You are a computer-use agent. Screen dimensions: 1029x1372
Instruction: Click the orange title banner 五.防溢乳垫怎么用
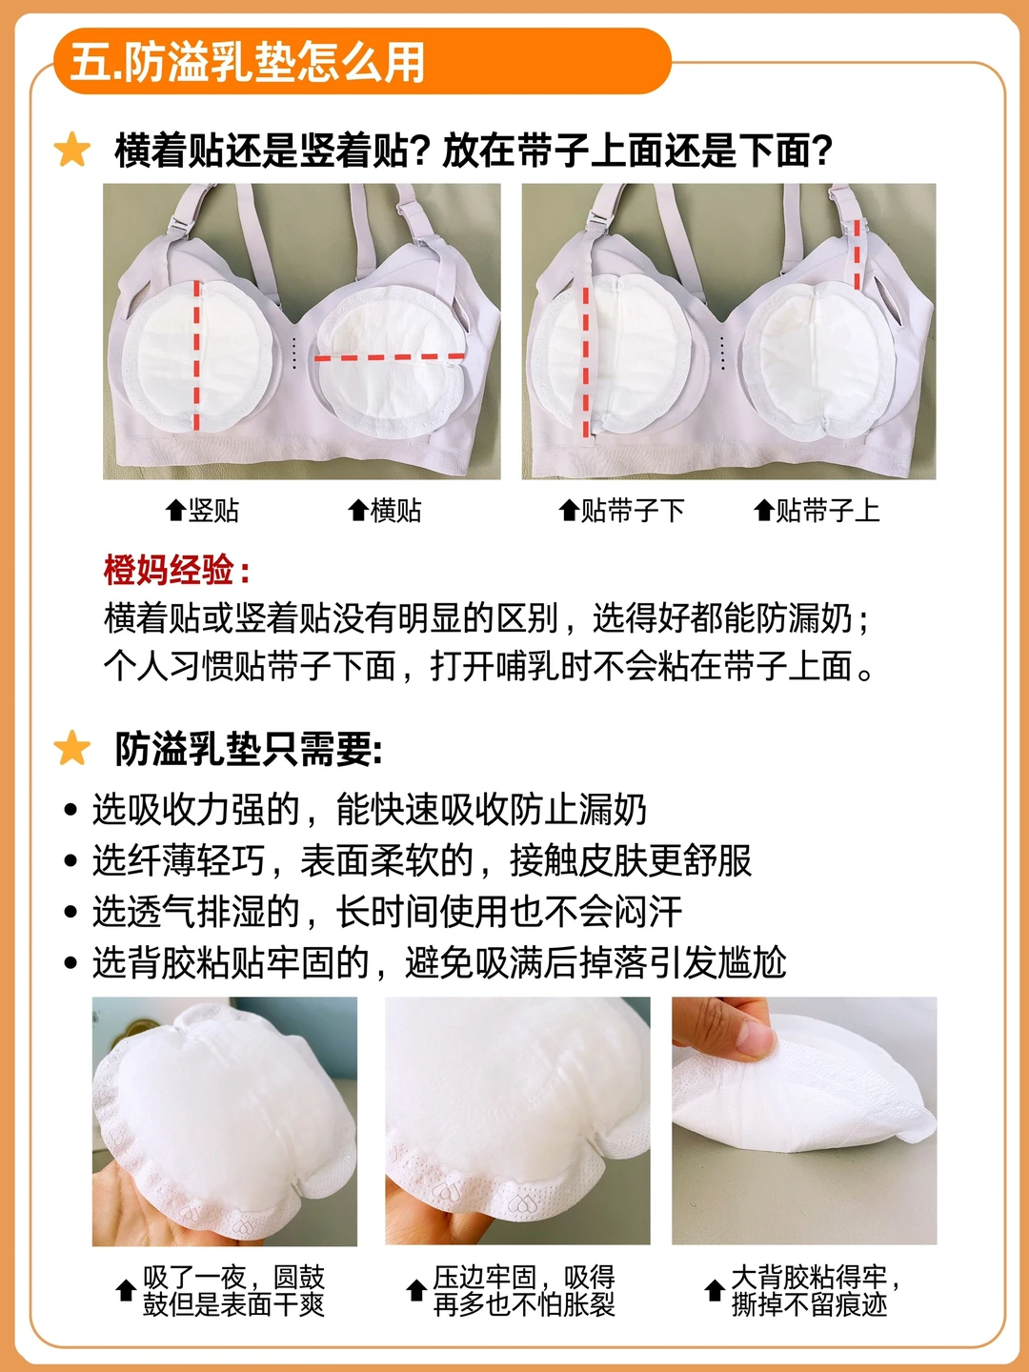pos(362,61)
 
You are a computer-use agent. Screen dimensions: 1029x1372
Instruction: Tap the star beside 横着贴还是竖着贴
pos(71,150)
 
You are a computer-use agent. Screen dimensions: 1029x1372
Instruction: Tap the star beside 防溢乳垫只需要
pos(71,748)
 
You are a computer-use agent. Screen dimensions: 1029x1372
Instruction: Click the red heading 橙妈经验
pos(177,570)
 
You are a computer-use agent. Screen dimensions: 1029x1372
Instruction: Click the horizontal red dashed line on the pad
pos(390,357)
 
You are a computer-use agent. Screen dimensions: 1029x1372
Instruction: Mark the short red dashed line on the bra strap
pos(857,253)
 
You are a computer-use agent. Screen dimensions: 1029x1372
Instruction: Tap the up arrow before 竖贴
pos(175,510)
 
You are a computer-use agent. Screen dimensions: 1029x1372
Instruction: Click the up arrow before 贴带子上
pos(763,510)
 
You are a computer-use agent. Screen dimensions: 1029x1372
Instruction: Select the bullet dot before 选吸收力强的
pos(70,810)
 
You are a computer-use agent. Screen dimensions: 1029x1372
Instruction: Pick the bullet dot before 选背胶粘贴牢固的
pos(70,963)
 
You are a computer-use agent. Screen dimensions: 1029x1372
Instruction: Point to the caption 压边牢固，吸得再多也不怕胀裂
pos(524,1291)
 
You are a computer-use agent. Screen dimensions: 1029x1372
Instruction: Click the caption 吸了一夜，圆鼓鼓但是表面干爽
pos(233,1291)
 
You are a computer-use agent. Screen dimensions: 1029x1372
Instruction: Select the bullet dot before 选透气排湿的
pos(70,912)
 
